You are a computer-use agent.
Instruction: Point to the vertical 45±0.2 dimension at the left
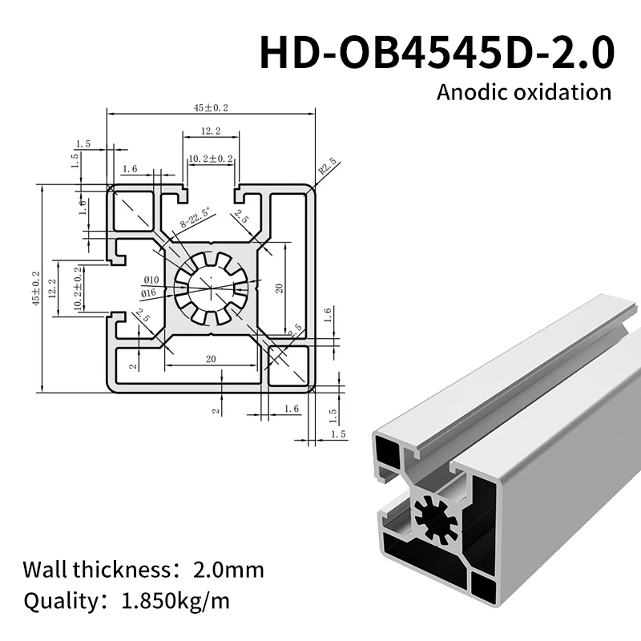pos(35,288)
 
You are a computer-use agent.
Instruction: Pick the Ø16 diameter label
pos(148,294)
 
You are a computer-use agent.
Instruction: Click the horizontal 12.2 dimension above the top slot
pos(211,131)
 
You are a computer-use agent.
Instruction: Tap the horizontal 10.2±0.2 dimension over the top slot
pos(210,159)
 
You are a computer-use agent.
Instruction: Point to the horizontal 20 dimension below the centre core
pos(211,360)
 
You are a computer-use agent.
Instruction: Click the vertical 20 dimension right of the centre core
pos(280,288)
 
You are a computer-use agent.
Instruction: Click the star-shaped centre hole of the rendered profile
pos(436,520)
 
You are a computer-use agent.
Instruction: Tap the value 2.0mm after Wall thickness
pos(228,570)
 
